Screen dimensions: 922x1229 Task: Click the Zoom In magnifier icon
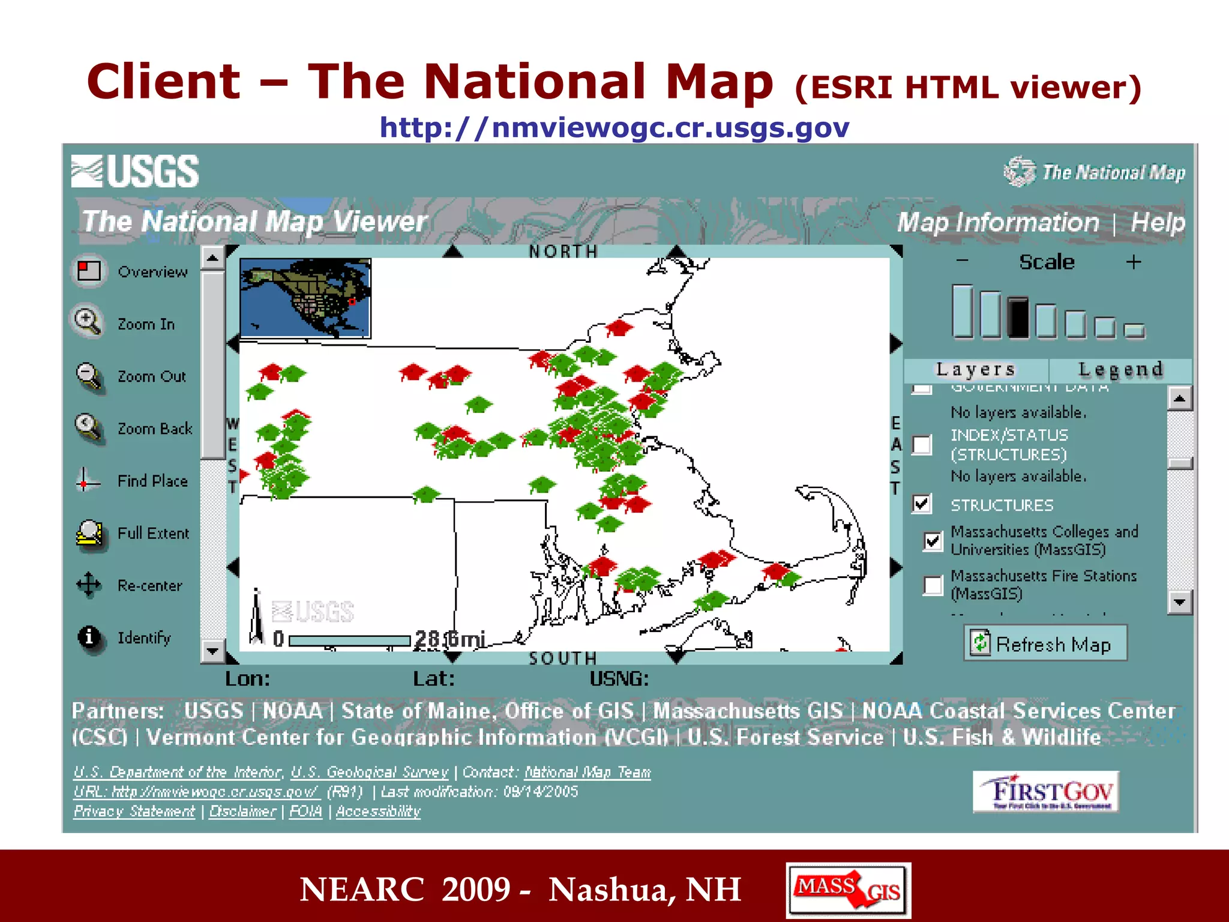tap(88, 322)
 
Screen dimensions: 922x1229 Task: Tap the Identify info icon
tap(89, 637)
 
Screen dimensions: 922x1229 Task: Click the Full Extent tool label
tap(153, 534)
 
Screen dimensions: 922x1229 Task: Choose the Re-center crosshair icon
tap(89, 585)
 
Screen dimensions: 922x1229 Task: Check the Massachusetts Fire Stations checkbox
tap(933, 585)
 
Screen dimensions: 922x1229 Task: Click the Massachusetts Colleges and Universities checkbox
tap(933, 541)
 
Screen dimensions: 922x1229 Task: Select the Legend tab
tap(1120, 370)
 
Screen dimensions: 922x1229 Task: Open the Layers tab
tap(976, 370)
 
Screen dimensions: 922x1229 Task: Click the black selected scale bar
tap(1018, 318)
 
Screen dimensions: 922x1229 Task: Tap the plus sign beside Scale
tap(1134, 262)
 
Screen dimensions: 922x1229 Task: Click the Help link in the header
tap(1158, 223)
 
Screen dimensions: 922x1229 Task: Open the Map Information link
tap(998, 223)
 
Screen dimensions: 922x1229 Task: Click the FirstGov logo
tap(1046, 792)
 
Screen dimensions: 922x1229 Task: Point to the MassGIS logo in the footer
tap(848, 890)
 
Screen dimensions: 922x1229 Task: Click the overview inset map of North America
tap(305, 298)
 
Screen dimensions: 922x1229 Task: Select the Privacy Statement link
tap(134, 812)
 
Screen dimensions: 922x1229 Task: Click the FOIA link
tap(306, 812)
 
